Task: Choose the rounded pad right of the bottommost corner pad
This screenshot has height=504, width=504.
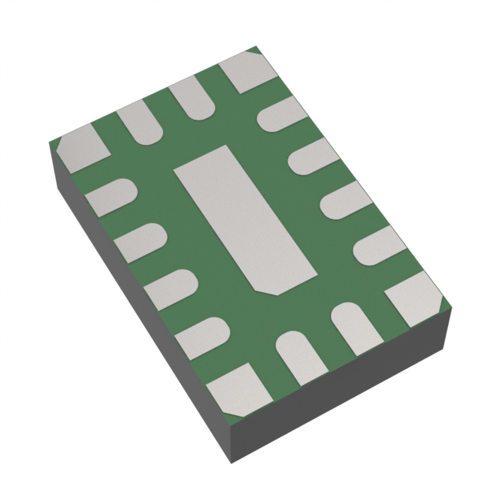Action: pyautogui.click(x=298, y=354)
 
